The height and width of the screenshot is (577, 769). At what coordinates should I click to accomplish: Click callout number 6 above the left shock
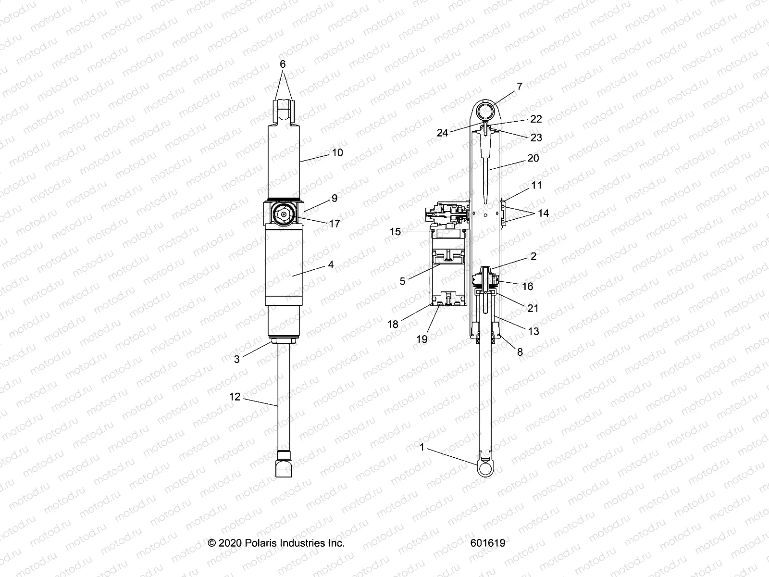point(283,64)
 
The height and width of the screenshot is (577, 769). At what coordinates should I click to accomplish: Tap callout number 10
point(337,152)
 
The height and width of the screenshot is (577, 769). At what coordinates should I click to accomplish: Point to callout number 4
point(331,264)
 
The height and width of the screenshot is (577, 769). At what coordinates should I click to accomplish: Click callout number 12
point(235,397)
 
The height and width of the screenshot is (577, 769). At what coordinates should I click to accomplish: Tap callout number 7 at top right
point(519,87)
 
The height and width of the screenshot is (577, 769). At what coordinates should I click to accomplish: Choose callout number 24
point(442,132)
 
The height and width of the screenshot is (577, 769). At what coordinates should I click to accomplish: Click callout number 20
point(533,158)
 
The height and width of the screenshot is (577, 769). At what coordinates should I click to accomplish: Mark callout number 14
point(543,213)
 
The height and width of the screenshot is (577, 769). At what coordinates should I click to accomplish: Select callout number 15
point(395,232)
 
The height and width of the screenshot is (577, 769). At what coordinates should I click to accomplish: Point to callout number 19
point(422,339)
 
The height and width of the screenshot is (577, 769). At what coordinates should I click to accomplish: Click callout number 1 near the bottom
point(422,447)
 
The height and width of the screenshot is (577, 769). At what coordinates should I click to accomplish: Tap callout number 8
point(520,352)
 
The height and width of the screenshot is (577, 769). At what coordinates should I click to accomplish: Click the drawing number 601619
point(488,543)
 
